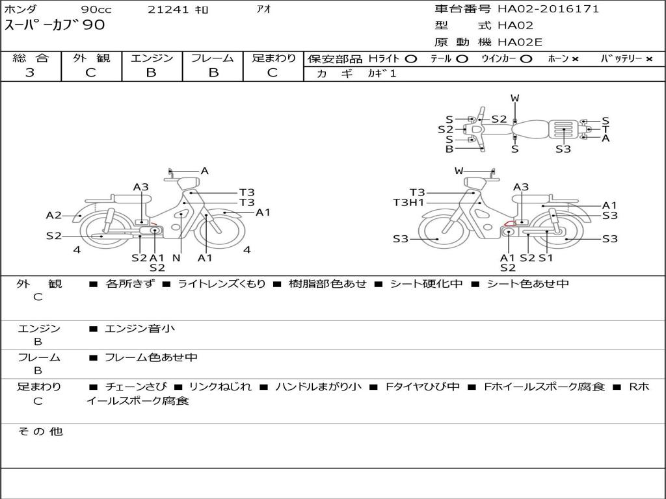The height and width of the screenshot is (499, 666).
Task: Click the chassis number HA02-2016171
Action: click(548, 9)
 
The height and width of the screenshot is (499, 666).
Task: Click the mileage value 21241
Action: click(168, 10)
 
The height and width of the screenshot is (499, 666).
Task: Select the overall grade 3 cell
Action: click(30, 73)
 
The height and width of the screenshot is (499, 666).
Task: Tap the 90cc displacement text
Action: click(96, 10)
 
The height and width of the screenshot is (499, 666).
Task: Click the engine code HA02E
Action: click(520, 42)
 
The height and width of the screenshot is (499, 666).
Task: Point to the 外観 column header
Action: click(91, 58)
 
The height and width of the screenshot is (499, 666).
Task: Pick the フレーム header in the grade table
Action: click(213, 58)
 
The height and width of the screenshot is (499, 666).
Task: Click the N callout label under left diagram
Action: click(177, 257)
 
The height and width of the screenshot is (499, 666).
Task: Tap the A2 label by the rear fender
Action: click(53, 216)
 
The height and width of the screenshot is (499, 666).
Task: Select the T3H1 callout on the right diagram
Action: click(408, 203)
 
